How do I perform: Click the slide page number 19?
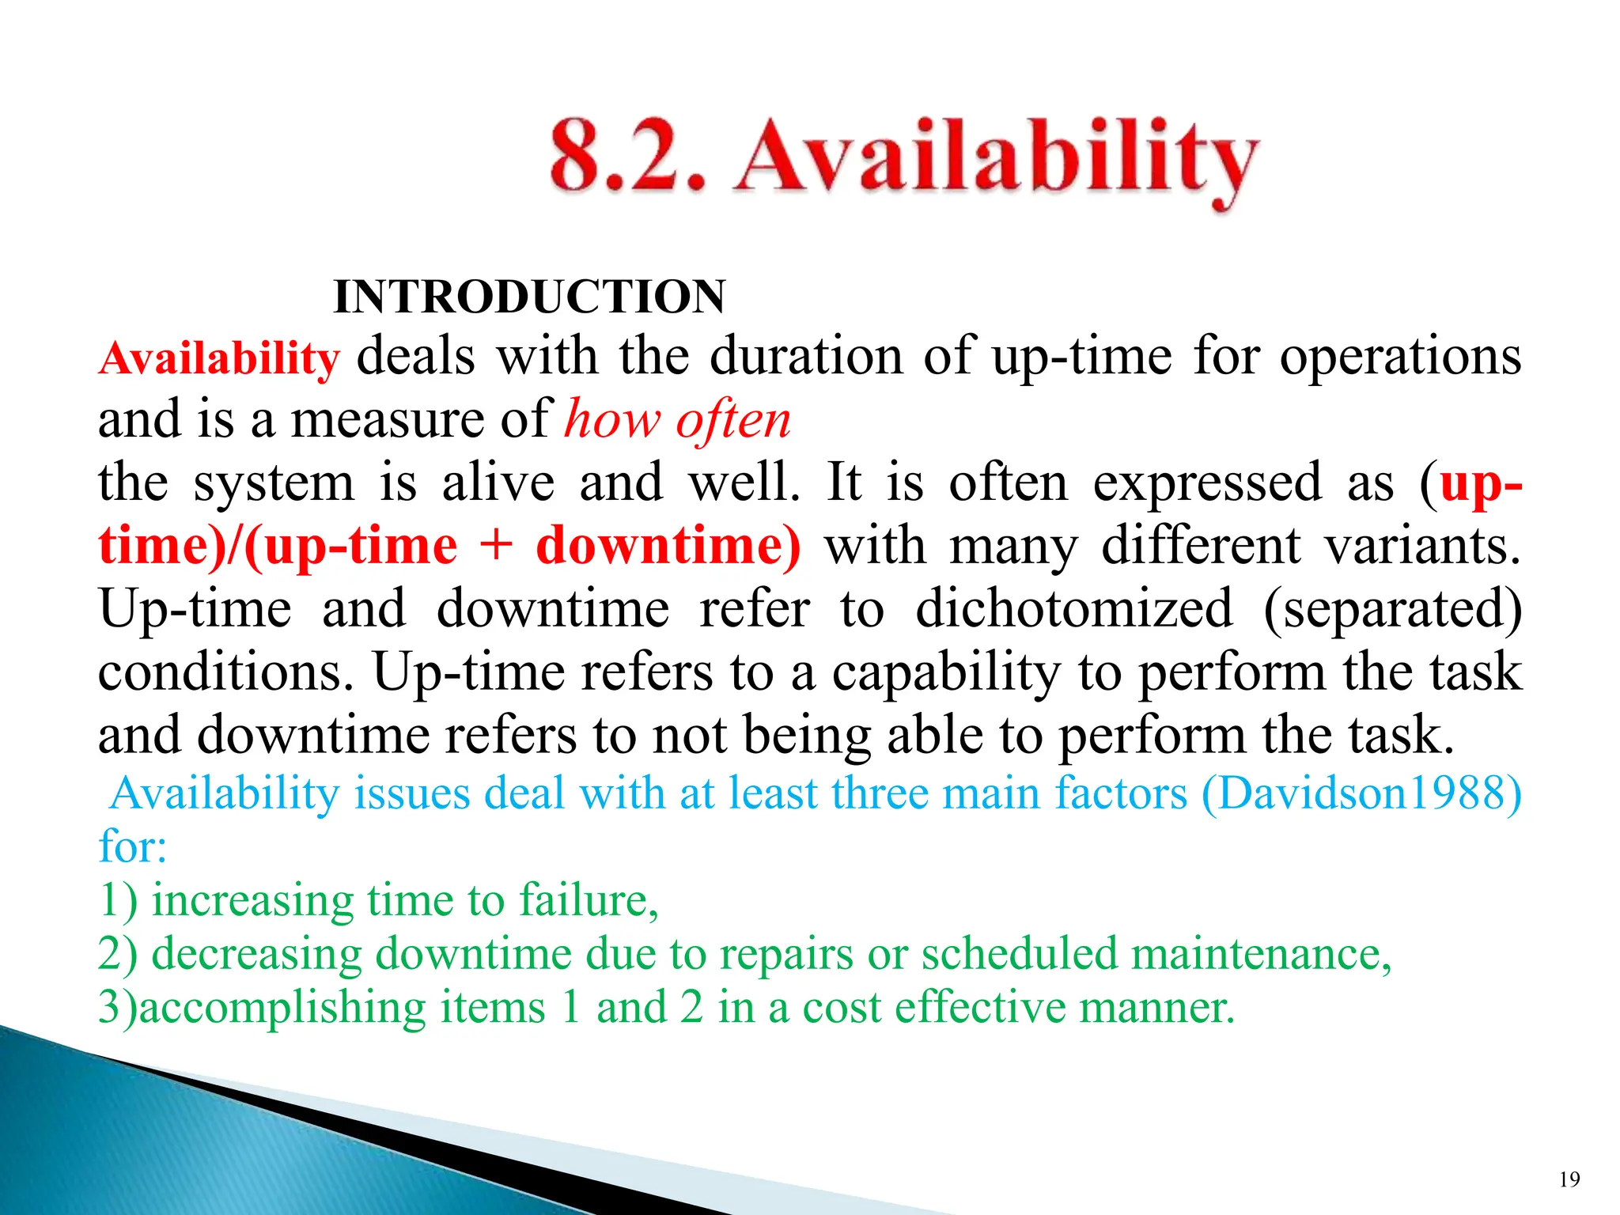tap(1569, 1179)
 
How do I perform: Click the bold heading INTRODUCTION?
tap(529, 297)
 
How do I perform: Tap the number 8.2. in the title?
tap(626, 156)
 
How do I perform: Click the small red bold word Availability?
tap(219, 358)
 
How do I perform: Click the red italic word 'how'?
tap(611, 420)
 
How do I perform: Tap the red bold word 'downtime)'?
tap(668, 546)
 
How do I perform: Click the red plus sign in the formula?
tap(496, 546)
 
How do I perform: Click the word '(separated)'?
tap(1392, 609)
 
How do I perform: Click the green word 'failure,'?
tap(589, 900)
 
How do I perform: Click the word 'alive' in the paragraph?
tap(498, 483)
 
